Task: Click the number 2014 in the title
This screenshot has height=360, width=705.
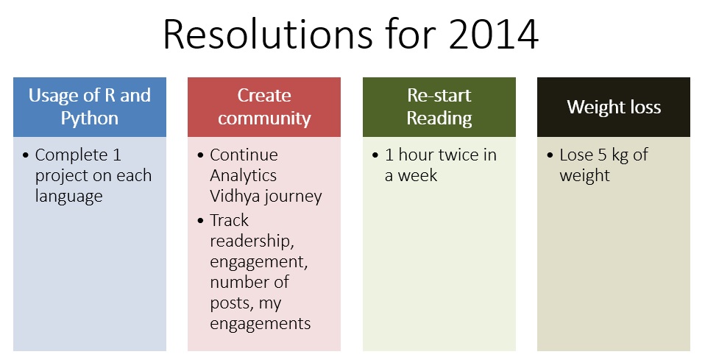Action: click(x=493, y=34)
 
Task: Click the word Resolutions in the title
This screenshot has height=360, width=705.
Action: click(x=268, y=34)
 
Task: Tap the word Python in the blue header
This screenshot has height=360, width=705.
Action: click(x=90, y=119)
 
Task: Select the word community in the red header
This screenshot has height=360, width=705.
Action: click(x=264, y=119)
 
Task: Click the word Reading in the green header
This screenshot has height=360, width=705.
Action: click(x=439, y=119)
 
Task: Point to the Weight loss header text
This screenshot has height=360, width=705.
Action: click(x=614, y=107)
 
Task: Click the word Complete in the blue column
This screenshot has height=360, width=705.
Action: click(x=71, y=155)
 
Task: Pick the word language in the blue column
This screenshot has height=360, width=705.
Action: click(x=68, y=197)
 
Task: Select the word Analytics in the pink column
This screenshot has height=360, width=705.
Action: click(x=244, y=175)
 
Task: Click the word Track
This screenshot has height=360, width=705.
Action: click(x=229, y=221)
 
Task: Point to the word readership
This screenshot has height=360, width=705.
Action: click(x=252, y=241)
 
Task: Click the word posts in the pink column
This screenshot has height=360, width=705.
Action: click(x=230, y=303)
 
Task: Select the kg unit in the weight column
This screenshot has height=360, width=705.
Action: click(x=620, y=155)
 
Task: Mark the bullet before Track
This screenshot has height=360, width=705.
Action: click(x=200, y=221)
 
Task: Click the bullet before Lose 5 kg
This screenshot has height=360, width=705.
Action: click(x=550, y=155)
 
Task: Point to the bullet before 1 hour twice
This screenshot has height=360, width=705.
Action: click(x=375, y=155)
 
